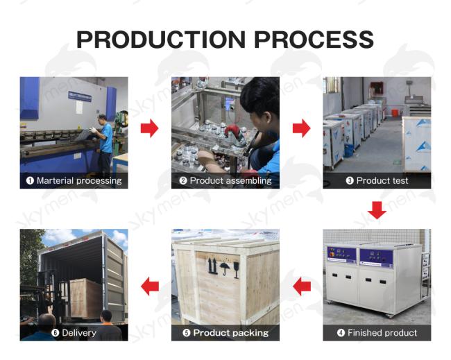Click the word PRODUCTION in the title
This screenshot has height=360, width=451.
click(x=161, y=40)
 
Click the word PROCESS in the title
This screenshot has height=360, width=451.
click(x=314, y=40)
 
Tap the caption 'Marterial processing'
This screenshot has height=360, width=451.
click(x=79, y=180)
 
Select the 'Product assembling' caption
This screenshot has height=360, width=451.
click(x=230, y=180)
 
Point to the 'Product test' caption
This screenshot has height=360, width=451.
click(x=382, y=180)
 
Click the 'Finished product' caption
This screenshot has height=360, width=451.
click(x=382, y=333)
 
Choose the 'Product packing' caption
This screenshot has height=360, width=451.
click(x=230, y=333)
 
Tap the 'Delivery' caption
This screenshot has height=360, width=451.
click(x=79, y=333)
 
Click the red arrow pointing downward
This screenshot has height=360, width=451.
click(x=377, y=210)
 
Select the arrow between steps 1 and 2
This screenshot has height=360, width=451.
click(x=150, y=128)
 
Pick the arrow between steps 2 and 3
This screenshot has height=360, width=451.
click(x=301, y=128)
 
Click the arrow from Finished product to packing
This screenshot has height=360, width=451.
click(x=302, y=286)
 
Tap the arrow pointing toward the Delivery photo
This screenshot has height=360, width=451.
click(x=150, y=286)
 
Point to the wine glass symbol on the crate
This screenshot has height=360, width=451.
click(x=237, y=270)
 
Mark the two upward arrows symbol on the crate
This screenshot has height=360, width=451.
click(x=212, y=266)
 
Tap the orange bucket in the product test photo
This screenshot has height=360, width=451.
click(x=395, y=112)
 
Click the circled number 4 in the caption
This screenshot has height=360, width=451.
click(x=341, y=333)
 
